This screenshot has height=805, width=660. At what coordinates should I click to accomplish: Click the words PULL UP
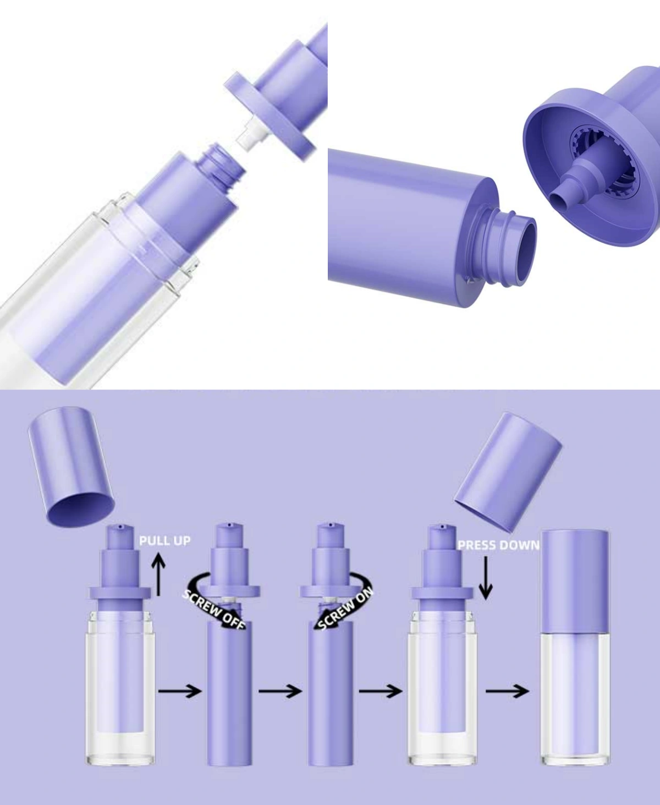[164, 540]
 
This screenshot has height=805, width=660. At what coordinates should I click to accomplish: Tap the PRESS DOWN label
[498, 545]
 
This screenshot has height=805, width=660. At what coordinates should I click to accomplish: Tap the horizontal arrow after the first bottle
[180, 691]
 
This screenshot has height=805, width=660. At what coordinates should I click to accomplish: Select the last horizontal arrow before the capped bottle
[507, 691]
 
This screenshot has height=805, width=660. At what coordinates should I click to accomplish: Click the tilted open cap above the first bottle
[71, 467]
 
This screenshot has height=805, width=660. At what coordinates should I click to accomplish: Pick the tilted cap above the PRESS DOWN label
[508, 472]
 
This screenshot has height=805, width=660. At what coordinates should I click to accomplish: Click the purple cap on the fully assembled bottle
[576, 581]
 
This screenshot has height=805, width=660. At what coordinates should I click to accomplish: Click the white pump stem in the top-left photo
[249, 134]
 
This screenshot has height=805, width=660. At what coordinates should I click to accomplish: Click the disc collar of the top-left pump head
[271, 115]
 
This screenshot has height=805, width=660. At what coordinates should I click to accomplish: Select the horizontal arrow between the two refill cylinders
[280, 691]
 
